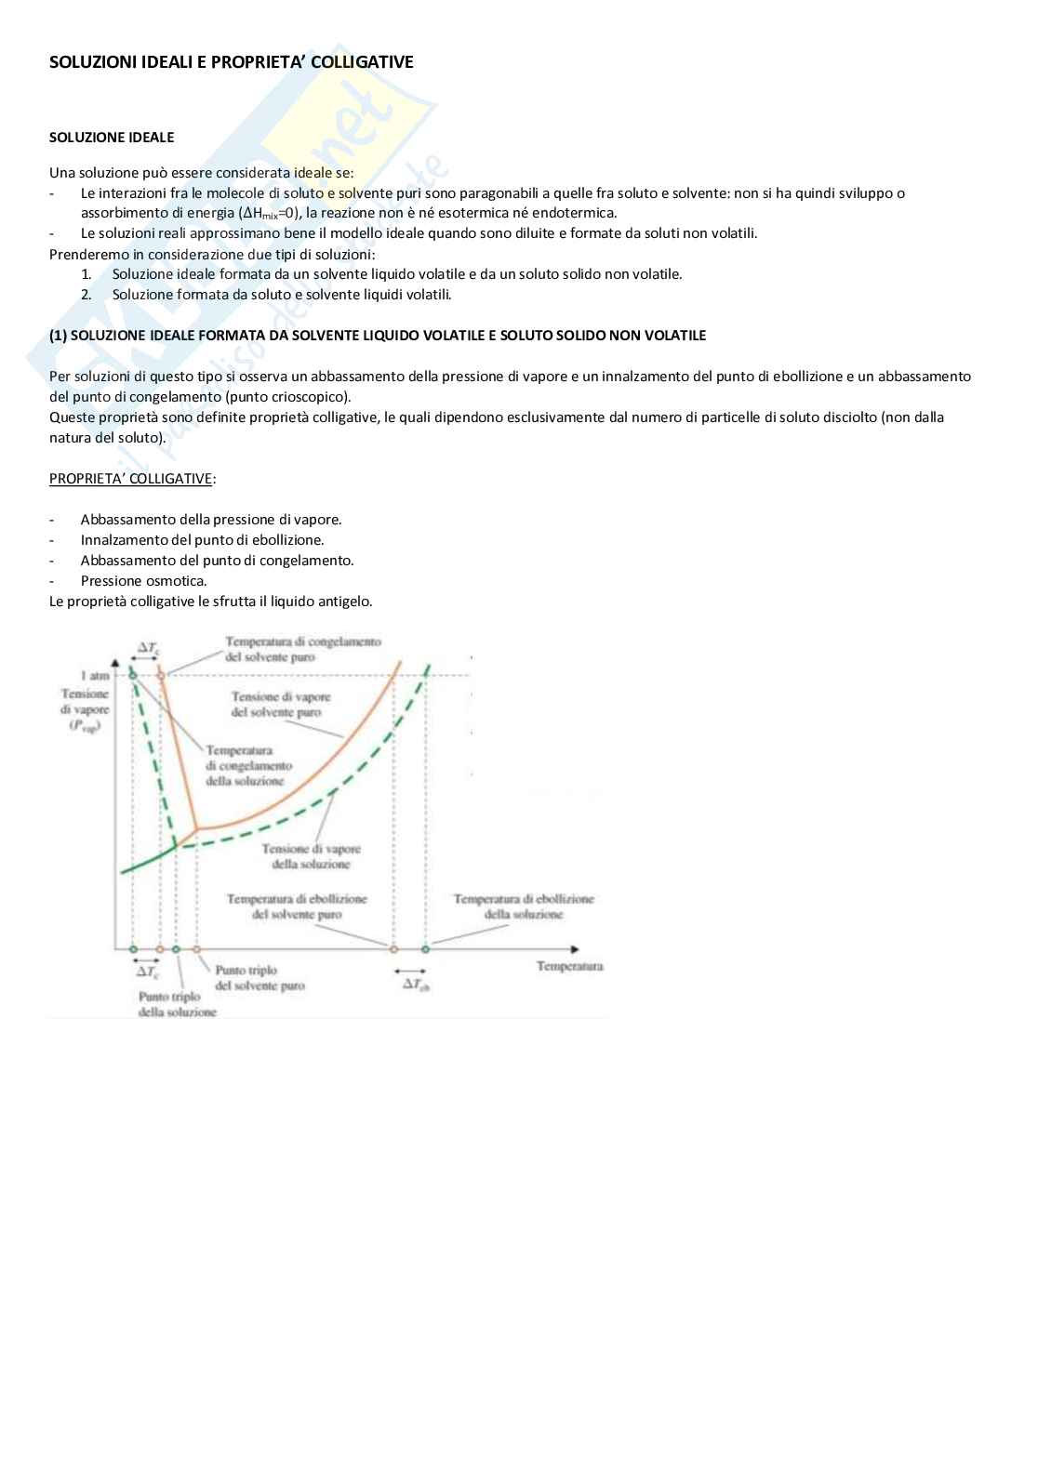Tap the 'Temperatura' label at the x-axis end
569,966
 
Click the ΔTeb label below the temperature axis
416,984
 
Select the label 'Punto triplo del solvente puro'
259,978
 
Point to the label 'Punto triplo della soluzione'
176,1004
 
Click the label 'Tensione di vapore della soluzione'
311,856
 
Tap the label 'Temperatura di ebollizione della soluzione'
523,906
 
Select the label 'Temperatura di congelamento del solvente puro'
302,649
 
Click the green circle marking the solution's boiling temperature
426,949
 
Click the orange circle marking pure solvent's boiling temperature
393,949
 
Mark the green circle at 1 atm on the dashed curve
133,675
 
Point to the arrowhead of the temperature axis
575,949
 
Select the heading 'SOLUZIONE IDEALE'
112,138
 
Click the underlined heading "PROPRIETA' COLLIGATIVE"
130,479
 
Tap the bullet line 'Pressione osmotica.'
143,581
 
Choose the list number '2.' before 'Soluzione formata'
86,295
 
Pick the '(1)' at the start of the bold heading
58,336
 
